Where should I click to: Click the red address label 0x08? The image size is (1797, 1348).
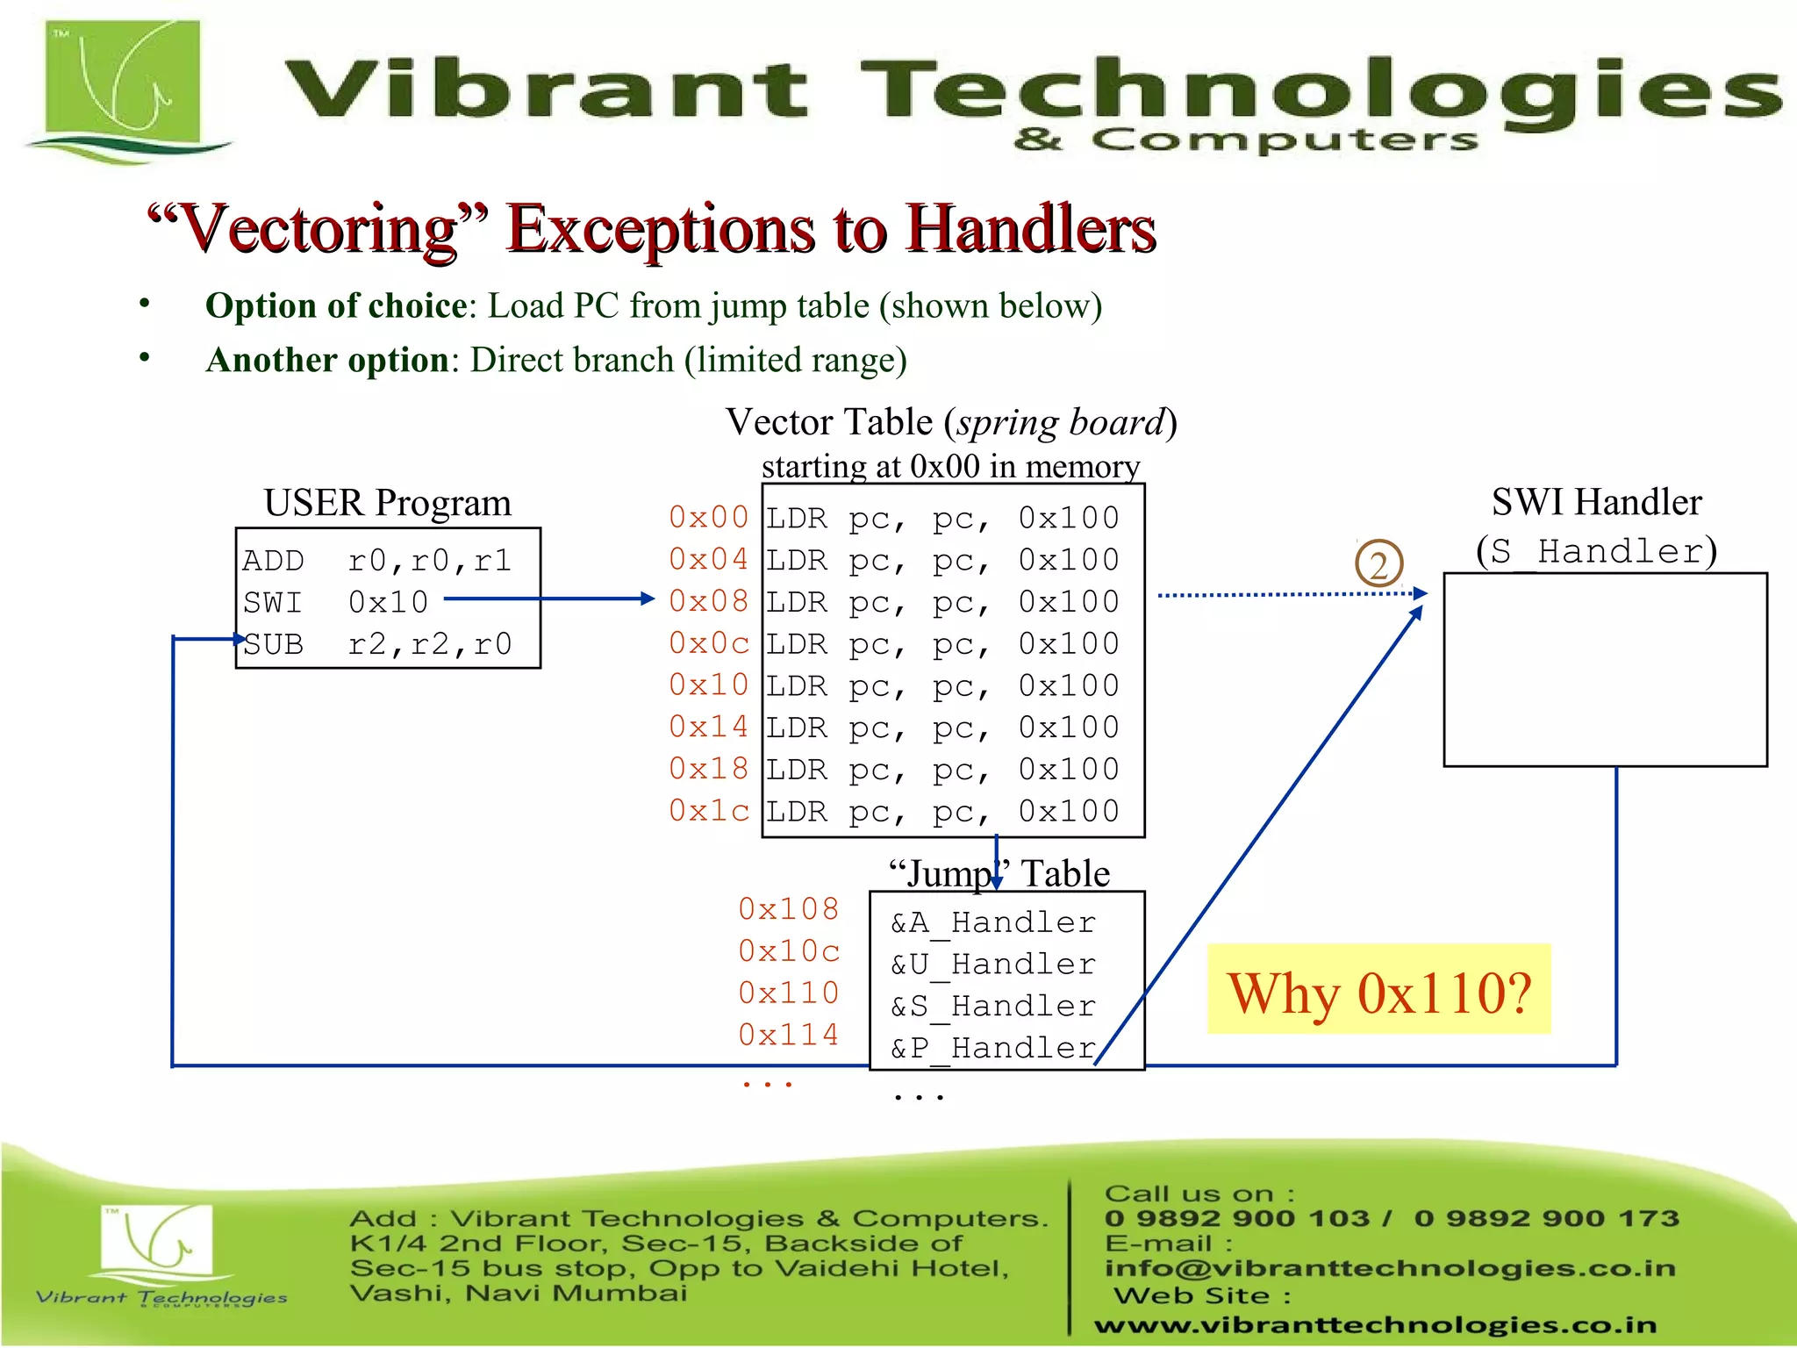click(x=708, y=601)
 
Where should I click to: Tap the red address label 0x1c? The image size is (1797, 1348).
click(x=708, y=811)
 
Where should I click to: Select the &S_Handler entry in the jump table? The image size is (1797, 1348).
click(x=993, y=1007)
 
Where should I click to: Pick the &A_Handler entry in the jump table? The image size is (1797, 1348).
click(x=993, y=922)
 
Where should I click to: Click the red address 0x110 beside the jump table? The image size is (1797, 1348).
click(x=789, y=993)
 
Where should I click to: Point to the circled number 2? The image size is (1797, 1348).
click(x=1378, y=564)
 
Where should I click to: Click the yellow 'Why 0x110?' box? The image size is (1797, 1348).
click(x=1378, y=991)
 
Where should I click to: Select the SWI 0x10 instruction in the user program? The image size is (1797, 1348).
click(x=336, y=602)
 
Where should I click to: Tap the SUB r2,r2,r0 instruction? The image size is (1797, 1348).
click(x=377, y=644)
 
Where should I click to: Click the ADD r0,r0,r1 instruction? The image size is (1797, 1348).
click(x=377, y=560)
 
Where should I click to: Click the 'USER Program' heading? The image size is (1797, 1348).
click(x=387, y=503)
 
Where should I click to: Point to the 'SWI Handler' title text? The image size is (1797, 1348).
click(x=1596, y=502)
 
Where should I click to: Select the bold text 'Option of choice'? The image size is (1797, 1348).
click(x=336, y=306)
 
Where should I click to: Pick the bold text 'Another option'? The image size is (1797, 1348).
click(x=327, y=361)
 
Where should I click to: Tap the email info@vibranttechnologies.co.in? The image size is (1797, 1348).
click(x=1390, y=1268)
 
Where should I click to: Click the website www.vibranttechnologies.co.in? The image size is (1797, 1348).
click(x=1375, y=1324)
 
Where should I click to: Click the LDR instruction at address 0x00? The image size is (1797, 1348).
click(x=942, y=519)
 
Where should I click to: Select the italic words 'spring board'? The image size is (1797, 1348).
click(x=1060, y=423)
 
